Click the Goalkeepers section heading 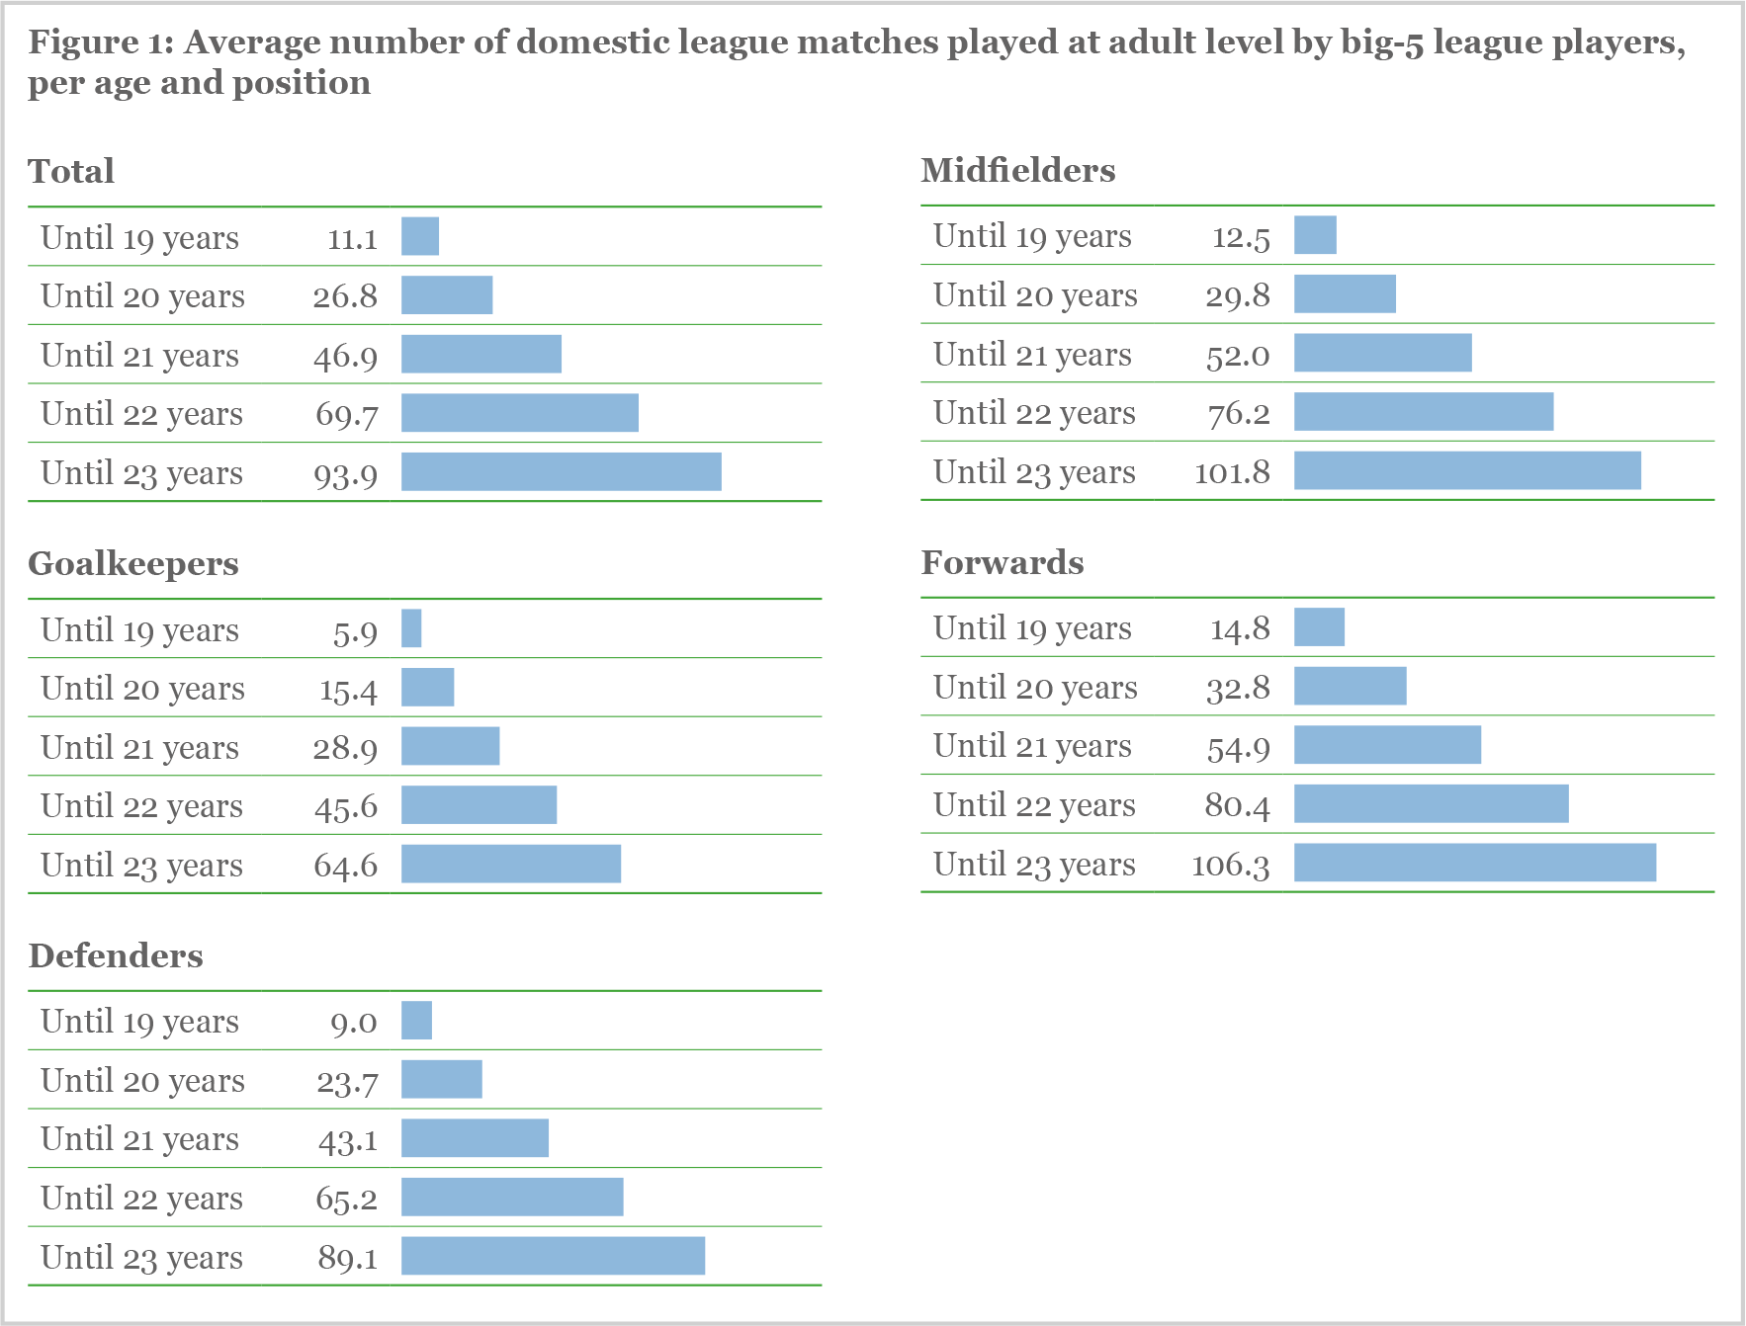click(133, 564)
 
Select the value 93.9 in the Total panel click(346, 474)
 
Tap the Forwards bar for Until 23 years click(1474, 863)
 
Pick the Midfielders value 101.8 click(1232, 472)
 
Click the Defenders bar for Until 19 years click(416, 1021)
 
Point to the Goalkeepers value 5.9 click(355, 631)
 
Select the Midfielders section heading click(1017, 171)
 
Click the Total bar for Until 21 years click(480, 355)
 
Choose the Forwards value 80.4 click(1237, 805)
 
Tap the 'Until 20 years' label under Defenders click(142, 1080)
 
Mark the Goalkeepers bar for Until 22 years click(479, 805)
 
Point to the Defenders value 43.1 click(347, 1140)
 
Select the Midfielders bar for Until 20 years click(1345, 294)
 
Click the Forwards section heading click(1002, 563)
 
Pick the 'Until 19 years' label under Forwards click(1032, 628)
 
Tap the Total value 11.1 click(352, 239)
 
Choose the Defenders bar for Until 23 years click(553, 1256)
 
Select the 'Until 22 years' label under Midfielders click(1034, 413)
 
